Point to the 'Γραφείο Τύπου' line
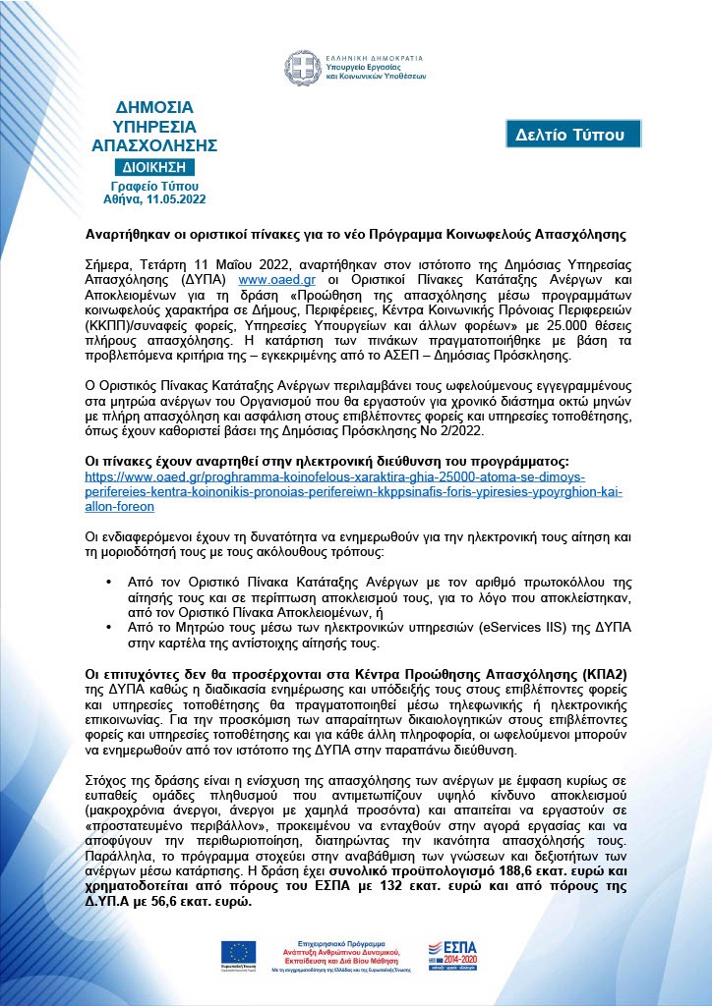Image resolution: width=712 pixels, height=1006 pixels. [x=154, y=185]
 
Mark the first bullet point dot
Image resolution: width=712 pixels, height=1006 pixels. [x=108, y=584]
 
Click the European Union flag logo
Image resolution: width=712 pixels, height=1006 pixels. [x=238, y=952]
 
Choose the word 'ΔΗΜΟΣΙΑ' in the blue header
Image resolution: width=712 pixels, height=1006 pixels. [x=154, y=106]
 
